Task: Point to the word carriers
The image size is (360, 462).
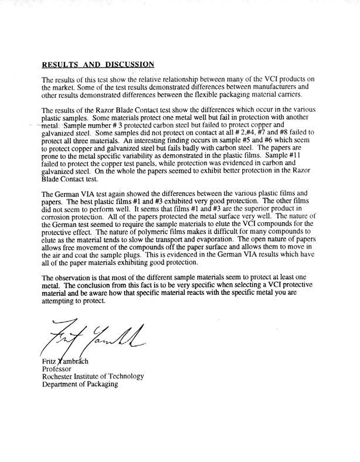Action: pyautogui.click(x=286, y=95)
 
